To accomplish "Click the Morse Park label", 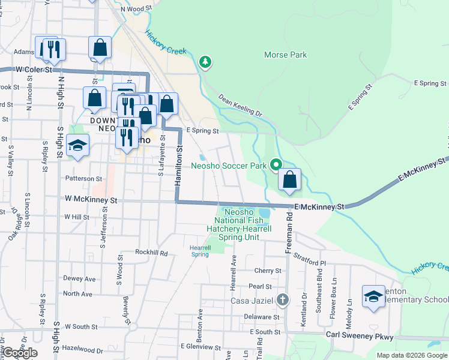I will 285,55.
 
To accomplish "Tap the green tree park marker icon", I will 205,61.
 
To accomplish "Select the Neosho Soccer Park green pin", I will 276,164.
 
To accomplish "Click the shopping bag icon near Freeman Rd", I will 289,180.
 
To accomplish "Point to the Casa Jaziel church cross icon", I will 283,299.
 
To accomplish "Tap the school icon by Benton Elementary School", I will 373,297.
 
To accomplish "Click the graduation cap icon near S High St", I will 77,146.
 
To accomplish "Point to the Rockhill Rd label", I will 151,253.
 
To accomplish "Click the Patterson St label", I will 84,179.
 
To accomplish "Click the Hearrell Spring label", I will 200,251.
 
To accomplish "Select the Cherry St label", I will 267,271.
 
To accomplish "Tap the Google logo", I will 19,353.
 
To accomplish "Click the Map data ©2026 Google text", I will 411,355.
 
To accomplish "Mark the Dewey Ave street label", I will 80,279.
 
